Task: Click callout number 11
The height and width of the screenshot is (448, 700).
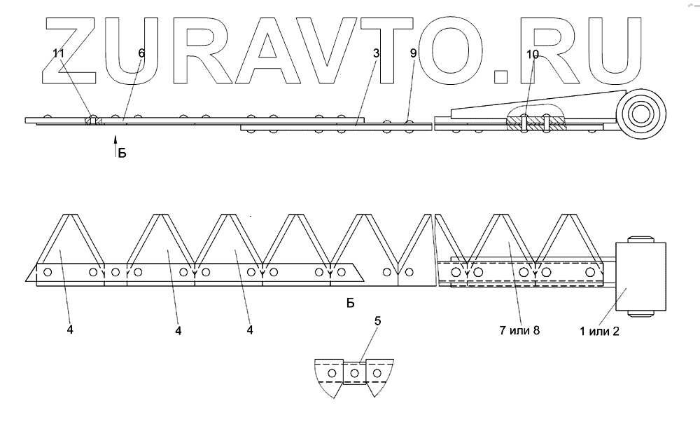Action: click(x=59, y=53)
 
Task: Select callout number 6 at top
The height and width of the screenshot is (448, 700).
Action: click(x=141, y=53)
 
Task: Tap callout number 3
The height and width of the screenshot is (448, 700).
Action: click(x=377, y=53)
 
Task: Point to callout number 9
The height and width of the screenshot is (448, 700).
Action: click(x=413, y=53)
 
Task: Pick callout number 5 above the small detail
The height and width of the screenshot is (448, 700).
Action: click(x=378, y=321)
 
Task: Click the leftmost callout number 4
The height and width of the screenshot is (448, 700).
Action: click(x=71, y=330)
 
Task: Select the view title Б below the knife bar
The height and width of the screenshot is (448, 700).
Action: click(x=351, y=303)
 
